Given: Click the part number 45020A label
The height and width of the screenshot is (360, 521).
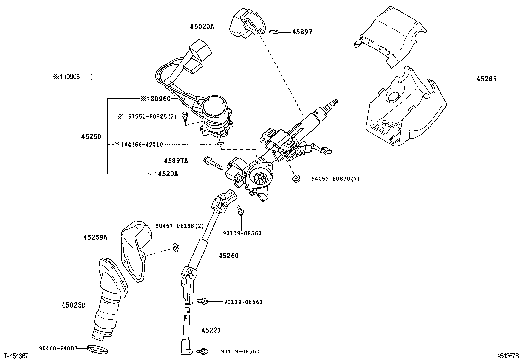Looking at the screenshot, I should click(202, 27).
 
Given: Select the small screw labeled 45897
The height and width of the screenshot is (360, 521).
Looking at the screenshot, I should click(274, 32).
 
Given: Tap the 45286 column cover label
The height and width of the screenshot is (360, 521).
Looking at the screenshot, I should click(486, 79).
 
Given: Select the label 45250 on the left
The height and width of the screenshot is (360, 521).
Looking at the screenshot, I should click(91, 137).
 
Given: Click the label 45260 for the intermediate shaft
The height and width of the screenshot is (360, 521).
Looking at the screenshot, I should click(228, 256).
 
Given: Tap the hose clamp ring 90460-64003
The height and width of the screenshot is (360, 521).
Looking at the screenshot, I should click(97, 350).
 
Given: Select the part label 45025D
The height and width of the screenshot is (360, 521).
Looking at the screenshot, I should click(73, 305).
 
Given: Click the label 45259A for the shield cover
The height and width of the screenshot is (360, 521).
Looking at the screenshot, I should click(95, 237).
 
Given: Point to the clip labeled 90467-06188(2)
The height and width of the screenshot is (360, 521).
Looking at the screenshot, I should click(176, 248).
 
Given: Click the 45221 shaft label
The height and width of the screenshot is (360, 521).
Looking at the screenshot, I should click(211, 330).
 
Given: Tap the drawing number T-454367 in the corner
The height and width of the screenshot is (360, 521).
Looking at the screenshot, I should click(16, 356).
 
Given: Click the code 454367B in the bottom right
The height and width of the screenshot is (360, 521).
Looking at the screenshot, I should click(507, 356).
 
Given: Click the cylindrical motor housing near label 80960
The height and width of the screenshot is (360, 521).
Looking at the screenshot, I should click(214, 110).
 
